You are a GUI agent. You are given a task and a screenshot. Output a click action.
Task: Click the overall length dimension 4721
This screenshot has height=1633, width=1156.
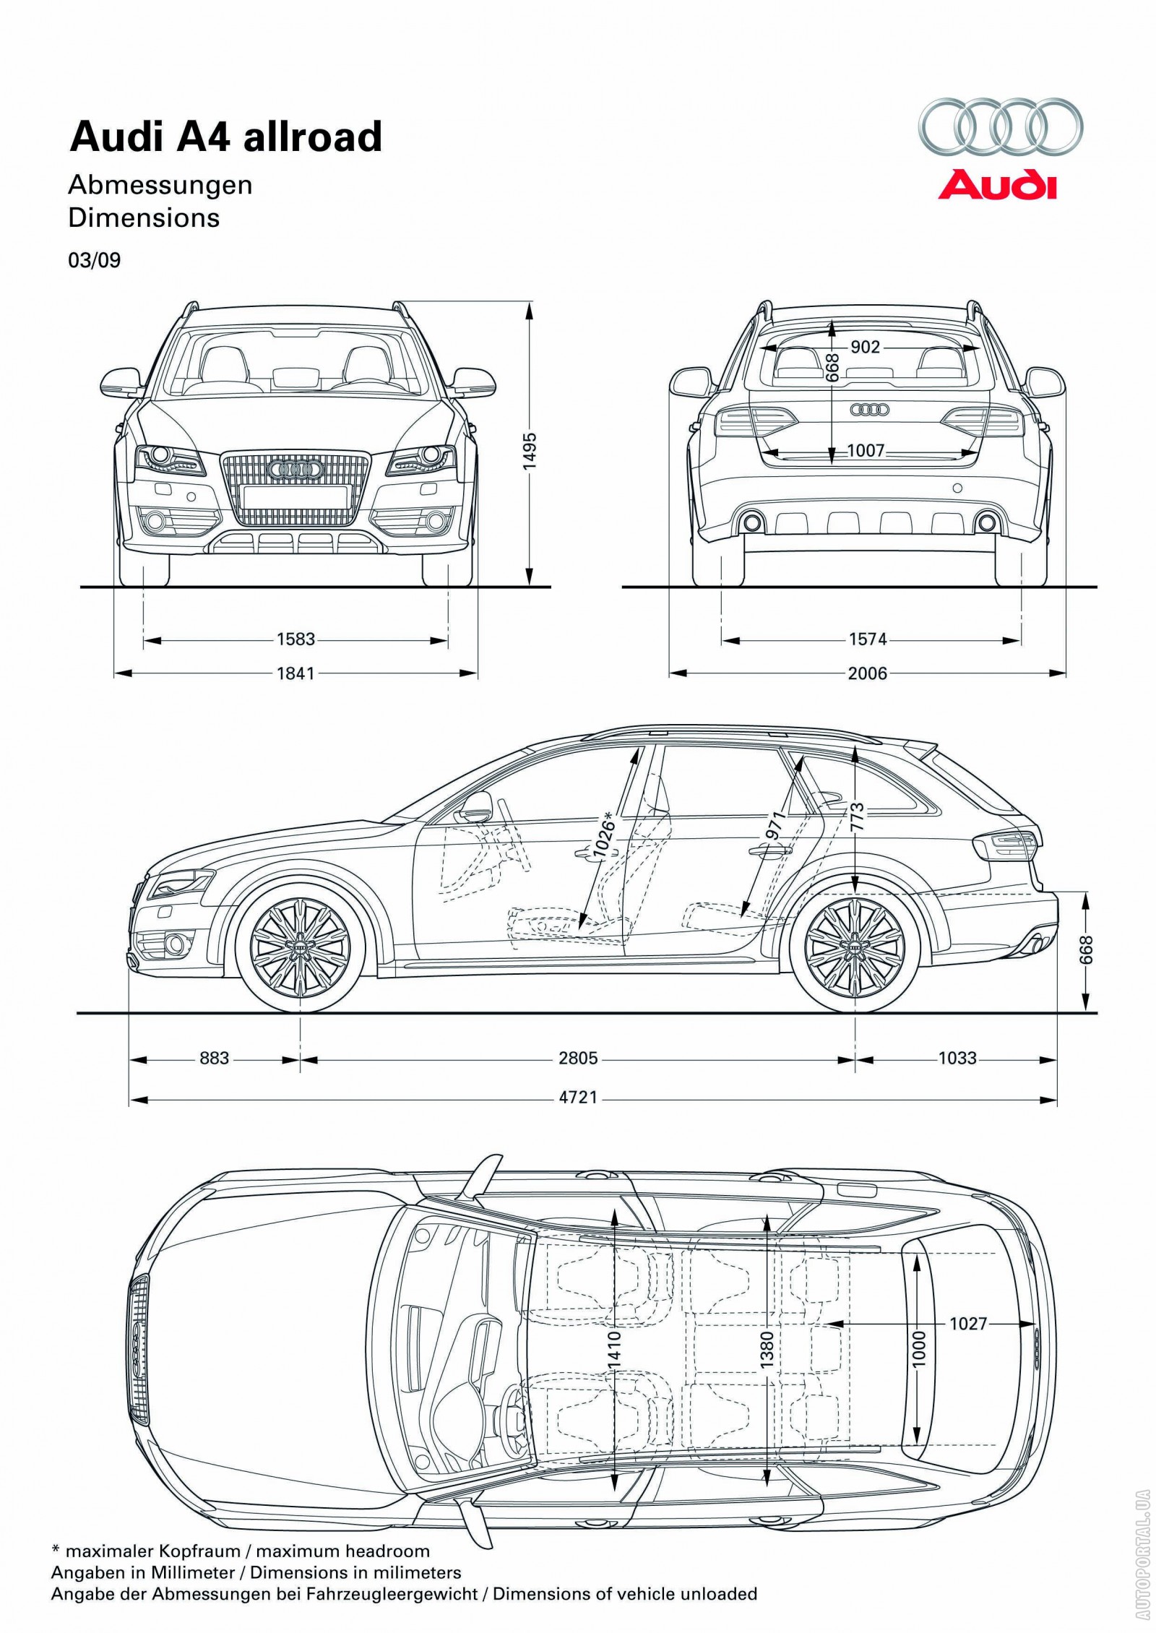(578, 1098)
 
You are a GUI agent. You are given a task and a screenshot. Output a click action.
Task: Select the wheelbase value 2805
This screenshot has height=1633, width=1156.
(578, 1059)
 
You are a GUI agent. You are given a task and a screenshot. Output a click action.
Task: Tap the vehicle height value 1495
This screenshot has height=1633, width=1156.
(531, 452)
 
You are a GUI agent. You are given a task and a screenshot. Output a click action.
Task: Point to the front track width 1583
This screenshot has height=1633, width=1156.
(296, 639)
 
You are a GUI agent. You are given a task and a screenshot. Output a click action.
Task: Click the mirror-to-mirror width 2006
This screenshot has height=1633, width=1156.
(867, 673)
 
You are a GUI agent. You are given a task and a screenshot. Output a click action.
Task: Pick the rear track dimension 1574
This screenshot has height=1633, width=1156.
(867, 639)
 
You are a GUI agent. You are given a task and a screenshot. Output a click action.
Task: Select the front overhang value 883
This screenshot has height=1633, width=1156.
(214, 1059)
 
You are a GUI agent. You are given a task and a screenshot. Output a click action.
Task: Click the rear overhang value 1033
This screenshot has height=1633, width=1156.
(957, 1059)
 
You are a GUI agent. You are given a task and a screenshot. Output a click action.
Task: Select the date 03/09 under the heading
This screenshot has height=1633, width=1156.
(95, 260)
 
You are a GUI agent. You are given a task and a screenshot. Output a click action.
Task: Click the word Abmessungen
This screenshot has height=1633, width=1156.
(160, 185)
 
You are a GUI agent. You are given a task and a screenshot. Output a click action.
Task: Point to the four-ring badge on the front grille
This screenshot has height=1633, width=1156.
(295, 470)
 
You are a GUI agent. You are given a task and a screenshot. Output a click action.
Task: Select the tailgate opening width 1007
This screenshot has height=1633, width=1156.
(866, 452)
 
